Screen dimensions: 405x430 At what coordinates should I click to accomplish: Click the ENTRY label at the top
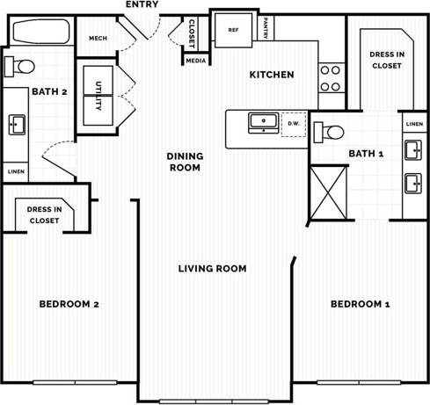point(142,5)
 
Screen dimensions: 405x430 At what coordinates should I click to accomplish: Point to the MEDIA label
point(195,61)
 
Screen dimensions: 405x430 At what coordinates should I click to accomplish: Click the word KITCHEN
point(272,75)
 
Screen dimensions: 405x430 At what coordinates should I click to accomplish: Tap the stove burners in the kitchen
point(330,77)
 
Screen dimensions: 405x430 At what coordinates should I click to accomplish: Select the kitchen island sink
point(261,122)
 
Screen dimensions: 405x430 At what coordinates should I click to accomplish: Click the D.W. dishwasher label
point(293,124)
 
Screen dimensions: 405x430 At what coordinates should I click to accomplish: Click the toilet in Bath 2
point(19,65)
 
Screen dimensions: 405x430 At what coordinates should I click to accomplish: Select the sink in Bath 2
point(17,125)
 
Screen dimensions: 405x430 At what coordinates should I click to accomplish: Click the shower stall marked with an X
point(326,192)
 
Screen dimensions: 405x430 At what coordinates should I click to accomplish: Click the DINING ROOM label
point(186,162)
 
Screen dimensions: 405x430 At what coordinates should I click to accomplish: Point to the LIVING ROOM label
point(212,269)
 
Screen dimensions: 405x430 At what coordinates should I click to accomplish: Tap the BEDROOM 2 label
point(69,304)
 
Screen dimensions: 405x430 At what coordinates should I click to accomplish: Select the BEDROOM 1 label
point(360,304)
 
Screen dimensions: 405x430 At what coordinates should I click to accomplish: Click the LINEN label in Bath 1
point(414,124)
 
